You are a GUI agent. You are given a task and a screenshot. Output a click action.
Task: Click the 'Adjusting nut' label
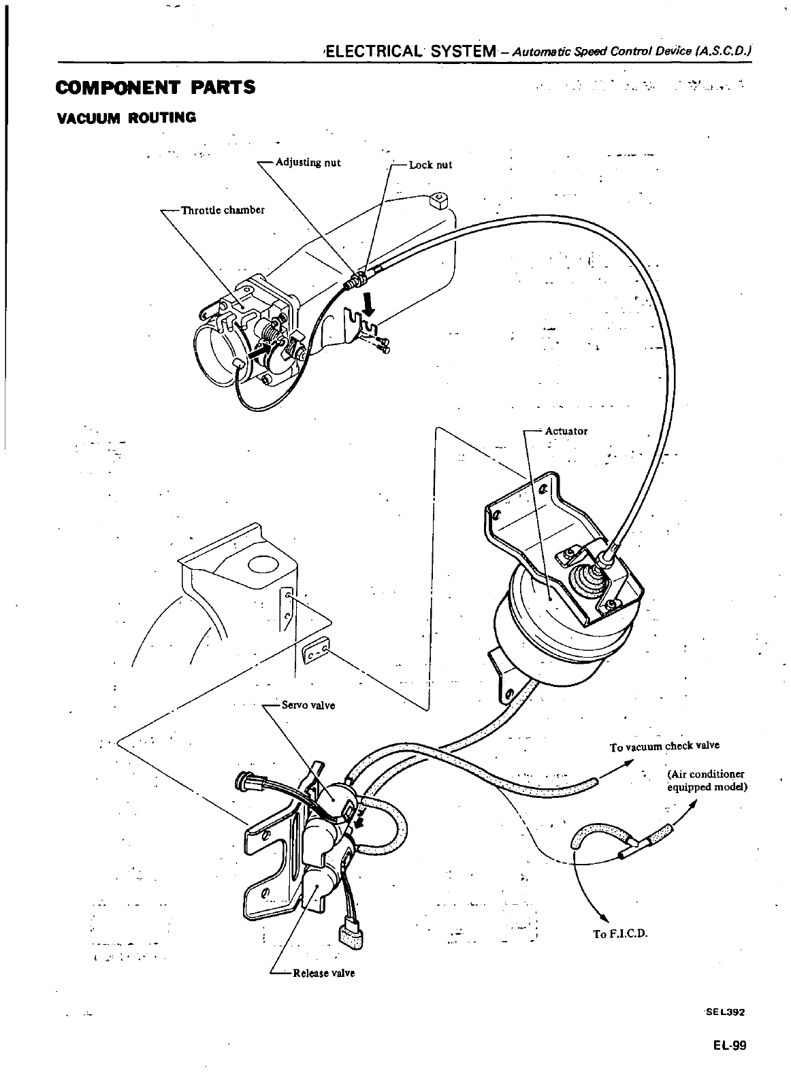(307, 163)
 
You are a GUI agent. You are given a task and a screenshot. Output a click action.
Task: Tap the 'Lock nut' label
(430, 165)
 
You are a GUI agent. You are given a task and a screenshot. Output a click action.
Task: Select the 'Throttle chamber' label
(222, 210)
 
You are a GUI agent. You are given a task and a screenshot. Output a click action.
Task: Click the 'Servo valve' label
(308, 705)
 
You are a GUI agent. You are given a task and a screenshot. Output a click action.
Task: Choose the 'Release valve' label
(323, 973)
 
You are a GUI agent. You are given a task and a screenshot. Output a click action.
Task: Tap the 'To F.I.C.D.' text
(619, 933)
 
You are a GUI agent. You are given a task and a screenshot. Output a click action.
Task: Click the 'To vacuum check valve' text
(664, 746)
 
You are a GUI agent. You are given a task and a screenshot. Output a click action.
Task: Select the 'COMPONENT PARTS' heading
(156, 88)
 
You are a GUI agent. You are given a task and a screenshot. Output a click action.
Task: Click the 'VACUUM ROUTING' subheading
(127, 118)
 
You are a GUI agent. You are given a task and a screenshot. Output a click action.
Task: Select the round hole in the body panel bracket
(263, 564)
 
